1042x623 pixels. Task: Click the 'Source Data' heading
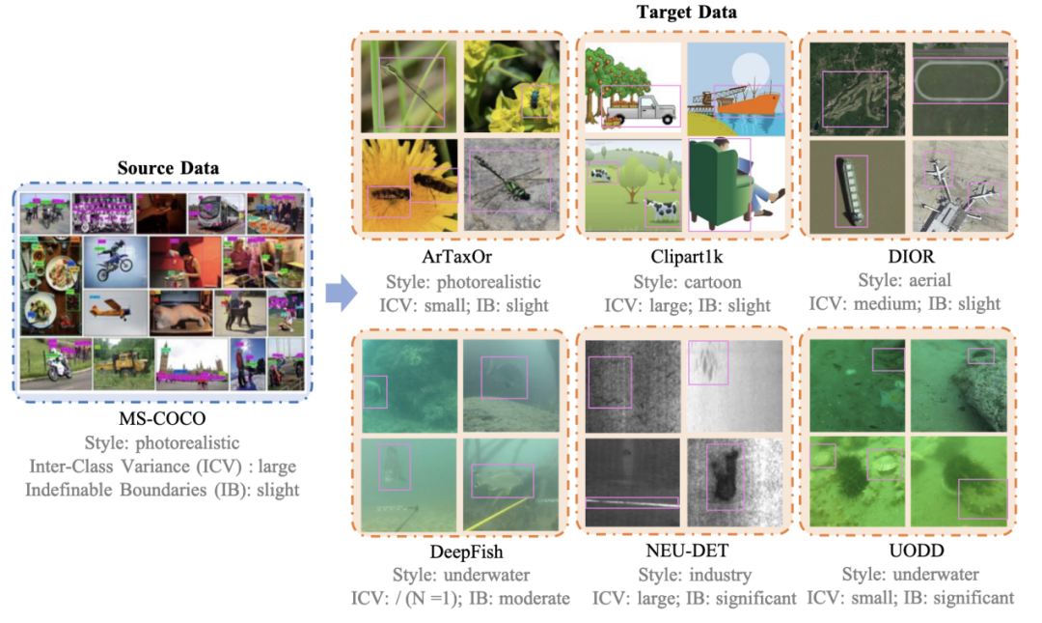tap(168, 168)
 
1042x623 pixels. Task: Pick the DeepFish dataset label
tap(454, 552)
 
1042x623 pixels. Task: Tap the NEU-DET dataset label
tap(687, 552)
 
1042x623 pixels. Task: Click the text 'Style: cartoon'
tap(687, 282)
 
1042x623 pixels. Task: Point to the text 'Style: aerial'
tap(904, 280)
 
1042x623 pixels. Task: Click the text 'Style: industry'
tap(687, 575)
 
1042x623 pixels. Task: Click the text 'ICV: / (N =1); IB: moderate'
tap(460, 598)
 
